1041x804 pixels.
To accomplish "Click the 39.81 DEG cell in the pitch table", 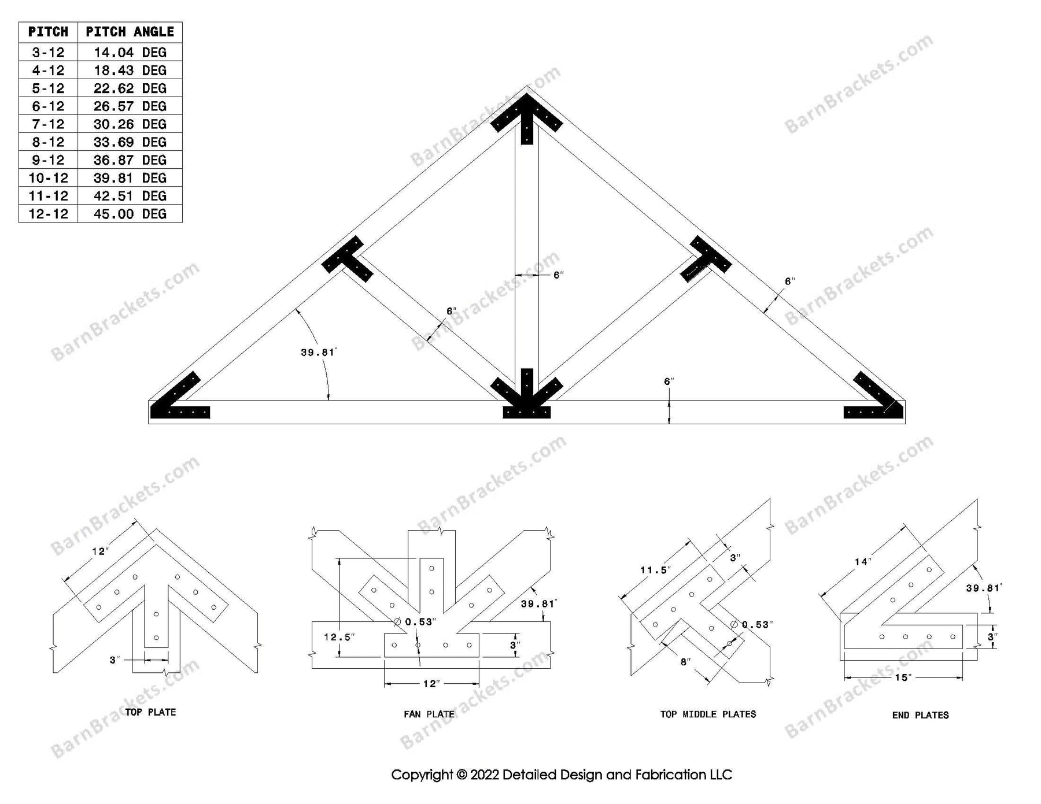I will (130, 178).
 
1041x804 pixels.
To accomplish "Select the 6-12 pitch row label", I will (48, 106).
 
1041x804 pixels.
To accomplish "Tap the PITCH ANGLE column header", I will (130, 32).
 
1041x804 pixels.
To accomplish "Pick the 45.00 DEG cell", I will (130, 214).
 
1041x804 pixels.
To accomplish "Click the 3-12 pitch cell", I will (48, 53).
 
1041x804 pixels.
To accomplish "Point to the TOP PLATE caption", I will (150, 712).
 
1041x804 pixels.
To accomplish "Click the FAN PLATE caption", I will (429, 714).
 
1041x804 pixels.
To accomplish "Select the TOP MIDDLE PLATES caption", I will (708, 714).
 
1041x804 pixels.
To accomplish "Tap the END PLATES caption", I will (920, 715).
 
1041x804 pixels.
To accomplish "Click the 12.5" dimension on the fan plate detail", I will (339, 637).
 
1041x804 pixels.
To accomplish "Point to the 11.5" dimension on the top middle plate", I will (655, 570).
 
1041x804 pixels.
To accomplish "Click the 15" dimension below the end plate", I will (902, 677).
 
